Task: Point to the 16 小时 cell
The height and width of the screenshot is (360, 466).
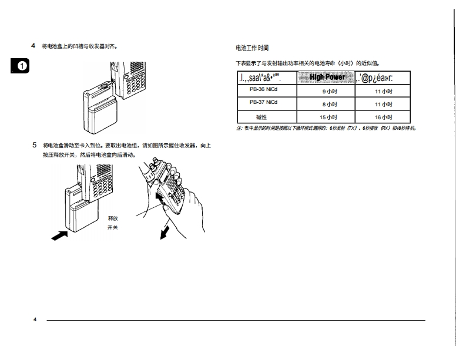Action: pyautogui.click(x=383, y=117)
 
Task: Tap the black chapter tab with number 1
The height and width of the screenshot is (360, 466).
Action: pyautogui.click(x=21, y=65)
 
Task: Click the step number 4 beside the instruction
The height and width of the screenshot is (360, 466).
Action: pyautogui.click(x=33, y=45)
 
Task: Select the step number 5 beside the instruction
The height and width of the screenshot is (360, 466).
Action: pyautogui.click(x=33, y=144)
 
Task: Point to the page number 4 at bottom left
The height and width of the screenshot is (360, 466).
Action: pyautogui.click(x=35, y=319)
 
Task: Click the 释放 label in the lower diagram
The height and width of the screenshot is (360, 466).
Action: pyautogui.click(x=113, y=217)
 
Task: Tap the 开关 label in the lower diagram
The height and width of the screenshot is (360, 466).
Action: pyautogui.click(x=113, y=227)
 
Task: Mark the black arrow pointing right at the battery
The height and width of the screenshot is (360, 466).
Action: pyautogui.click(x=59, y=235)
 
